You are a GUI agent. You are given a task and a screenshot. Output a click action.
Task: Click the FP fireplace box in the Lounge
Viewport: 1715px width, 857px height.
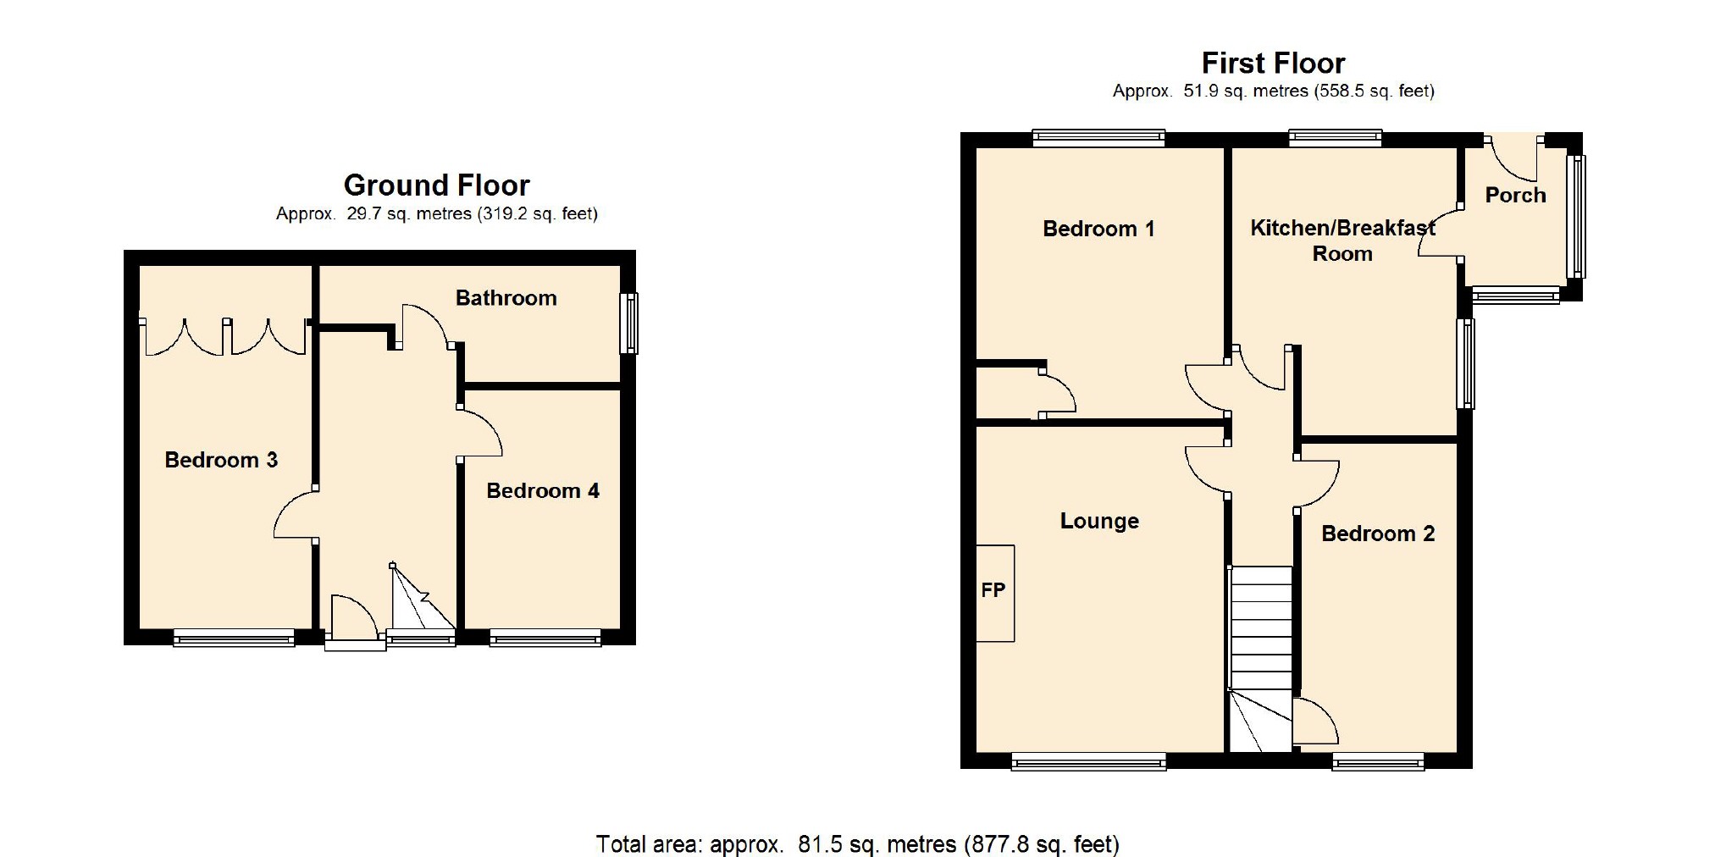click(x=995, y=593)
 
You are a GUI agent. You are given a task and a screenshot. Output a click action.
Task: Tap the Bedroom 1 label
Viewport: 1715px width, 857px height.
click(x=1098, y=229)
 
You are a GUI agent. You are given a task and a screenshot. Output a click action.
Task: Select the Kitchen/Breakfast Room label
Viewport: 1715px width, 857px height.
click(x=1342, y=241)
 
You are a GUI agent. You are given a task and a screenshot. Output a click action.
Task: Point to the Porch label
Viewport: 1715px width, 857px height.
click(x=1515, y=196)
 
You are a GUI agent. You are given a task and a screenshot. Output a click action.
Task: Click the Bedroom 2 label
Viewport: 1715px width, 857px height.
click(x=1378, y=534)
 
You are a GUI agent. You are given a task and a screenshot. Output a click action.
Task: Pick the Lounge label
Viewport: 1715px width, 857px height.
click(x=1099, y=521)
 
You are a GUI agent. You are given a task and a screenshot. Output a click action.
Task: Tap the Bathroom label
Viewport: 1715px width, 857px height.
click(x=506, y=298)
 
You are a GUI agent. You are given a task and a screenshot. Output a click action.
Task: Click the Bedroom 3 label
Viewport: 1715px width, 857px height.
click(x=221, y=460)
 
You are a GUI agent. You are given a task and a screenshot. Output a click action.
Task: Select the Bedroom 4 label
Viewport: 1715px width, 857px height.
click(x=543, y=491)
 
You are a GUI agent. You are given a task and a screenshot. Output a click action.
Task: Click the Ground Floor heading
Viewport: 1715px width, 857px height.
click(x=436, y=185)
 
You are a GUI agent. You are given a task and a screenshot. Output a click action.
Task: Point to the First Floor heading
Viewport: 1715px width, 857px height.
click(x=1273, y=63)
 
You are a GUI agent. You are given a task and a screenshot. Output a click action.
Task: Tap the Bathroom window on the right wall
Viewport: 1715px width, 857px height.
click(x=628, y=323)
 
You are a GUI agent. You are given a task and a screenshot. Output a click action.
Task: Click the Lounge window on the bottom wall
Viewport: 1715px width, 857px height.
click(x=1088, y=763)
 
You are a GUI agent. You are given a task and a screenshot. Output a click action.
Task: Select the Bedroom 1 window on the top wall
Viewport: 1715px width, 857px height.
click(x=1098, y=138)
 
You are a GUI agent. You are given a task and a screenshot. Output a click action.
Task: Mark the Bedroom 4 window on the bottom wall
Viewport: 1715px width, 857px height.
click(x=545, y=639)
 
